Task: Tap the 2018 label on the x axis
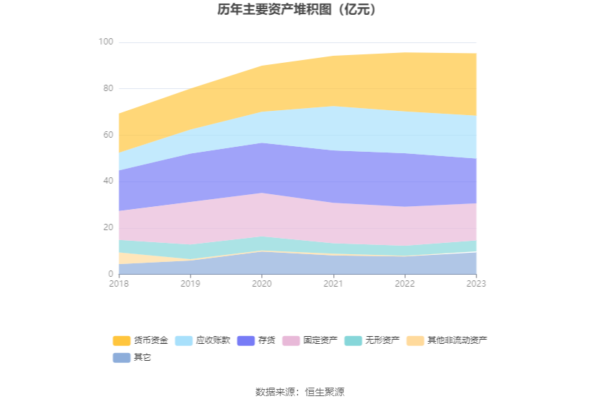point(119,283)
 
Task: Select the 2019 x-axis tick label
point(191,283)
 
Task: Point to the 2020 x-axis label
point(262,283)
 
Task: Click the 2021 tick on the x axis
point(333,283)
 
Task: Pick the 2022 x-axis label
point(404,283)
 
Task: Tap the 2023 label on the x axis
point(476,283)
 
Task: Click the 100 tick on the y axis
point(106,42)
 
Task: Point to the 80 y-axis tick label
point(108,88)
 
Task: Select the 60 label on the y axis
point(108,135)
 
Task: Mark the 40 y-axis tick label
point(108,181)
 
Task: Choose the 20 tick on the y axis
point(108,227)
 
